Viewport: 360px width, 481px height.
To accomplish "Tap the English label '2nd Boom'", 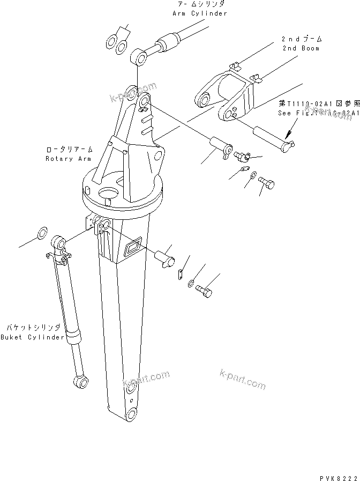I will click(x=301, y=48).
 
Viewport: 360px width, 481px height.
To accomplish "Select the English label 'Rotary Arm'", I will click(x=69, y=159).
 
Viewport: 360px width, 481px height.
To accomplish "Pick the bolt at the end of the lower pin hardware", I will click(x=205, y=291).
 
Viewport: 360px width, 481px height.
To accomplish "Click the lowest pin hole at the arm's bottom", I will click(x=131, y=415).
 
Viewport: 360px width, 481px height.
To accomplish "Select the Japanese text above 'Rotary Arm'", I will click(x=69, y=150).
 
